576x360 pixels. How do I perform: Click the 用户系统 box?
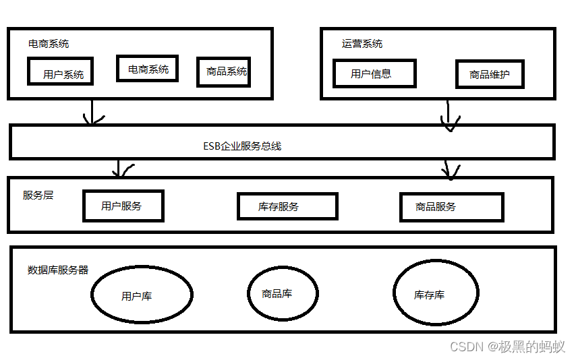click(61, 71)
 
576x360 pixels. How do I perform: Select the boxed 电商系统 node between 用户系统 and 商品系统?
click(147, 68)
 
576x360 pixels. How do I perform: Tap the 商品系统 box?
click(224, 71)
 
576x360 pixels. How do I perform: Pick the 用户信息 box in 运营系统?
click(374, 73)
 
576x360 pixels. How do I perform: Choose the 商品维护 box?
click(490, 74)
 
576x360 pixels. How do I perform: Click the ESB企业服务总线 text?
click(242, 146)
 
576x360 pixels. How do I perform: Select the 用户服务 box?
click(123, 206)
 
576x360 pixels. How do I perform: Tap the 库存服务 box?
click(287, 206)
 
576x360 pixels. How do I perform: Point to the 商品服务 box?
click(451, 207)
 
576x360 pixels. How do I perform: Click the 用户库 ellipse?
click(142, 295)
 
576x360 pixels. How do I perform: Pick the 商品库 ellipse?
click(282, 294)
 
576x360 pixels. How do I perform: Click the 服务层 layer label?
click(38, 195)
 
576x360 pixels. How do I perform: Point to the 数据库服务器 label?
click(58, 270)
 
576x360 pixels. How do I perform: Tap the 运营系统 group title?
click(362, 44)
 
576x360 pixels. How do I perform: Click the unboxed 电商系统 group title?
click(49, 44)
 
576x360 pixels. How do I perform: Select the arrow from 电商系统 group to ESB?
click(92, 111)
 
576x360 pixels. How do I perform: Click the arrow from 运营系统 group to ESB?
click(448, 113)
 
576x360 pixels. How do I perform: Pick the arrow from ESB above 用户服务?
click(119, 169)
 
